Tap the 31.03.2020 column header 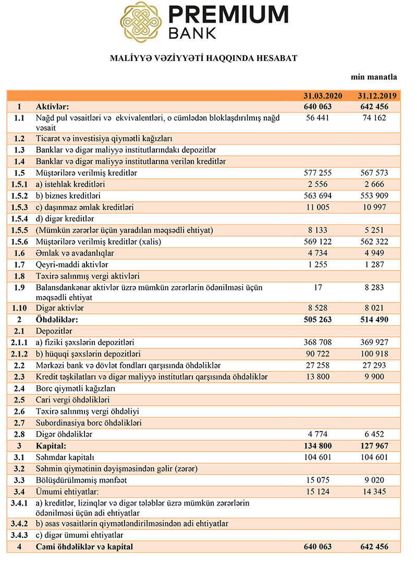pyautogui.click(x=323, y=96)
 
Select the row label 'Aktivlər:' pyautogui.click(x=51, y=107)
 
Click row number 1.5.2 pyautogui.click(x=19, y=195)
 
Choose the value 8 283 pyautogui.click(x=377, y=287)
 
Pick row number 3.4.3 pyautogui.click(x=19, y=535)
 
